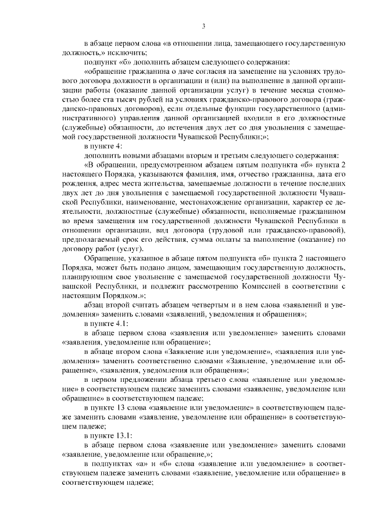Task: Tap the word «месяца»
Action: tap(301, 91)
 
